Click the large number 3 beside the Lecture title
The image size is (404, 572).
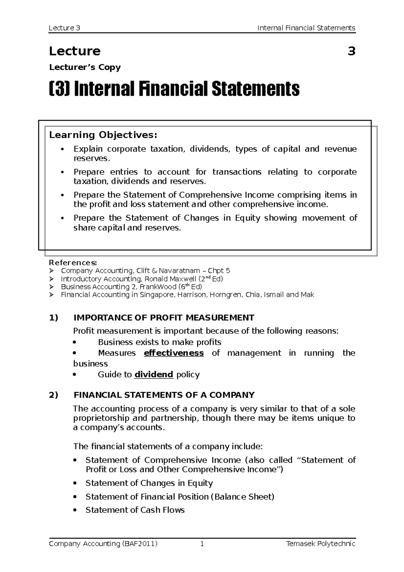[351, 52]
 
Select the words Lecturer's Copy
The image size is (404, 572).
[85, 67]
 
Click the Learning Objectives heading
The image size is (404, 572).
[103, 135]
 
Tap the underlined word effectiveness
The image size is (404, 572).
[174, 353]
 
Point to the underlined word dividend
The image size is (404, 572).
[154, 375]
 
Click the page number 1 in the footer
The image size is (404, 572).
[202, 544]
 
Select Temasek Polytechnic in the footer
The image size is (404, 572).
[320, 544]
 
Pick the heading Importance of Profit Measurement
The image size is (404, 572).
[164, 318]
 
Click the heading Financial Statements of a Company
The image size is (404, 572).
[164, 395]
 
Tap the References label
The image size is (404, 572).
[73, 262]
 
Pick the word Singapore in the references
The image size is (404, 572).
[157, 295]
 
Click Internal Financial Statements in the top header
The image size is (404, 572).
[306, 28]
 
